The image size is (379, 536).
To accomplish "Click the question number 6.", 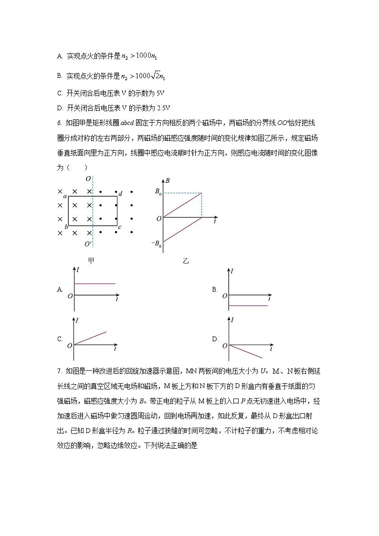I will pos(59,123).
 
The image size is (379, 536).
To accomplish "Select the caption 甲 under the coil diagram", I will pos(91,260).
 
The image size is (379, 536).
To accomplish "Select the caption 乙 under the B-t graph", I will pos(186,261).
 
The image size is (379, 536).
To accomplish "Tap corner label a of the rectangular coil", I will pos(65,196).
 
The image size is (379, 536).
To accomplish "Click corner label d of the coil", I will pos(120,194).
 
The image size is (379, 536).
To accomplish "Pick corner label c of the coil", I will pos(120,227).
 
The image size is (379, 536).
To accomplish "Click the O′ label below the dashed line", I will pos(88,244).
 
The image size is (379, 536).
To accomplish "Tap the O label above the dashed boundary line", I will pos(88,179).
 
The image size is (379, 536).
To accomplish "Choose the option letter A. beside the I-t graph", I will pos(60,289).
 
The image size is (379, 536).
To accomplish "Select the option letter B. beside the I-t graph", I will pos(215,289).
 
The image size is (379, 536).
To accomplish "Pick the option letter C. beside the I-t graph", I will pos(60,339).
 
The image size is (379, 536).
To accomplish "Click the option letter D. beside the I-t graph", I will pos(215,339).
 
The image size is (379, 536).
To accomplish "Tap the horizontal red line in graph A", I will pos(95,284).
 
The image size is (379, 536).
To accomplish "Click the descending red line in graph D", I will pos(246,351).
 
